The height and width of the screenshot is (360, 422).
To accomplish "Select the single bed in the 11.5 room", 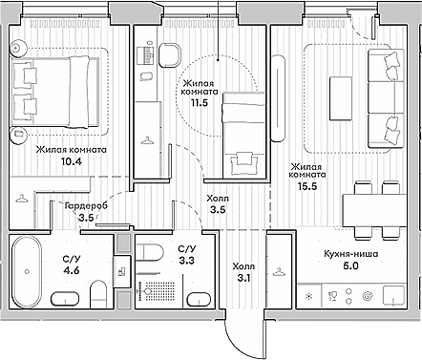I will tap(244, 133).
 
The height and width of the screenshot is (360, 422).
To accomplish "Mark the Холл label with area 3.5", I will tap(218, 200).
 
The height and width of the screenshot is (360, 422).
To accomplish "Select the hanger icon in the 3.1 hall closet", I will tap(277, 271).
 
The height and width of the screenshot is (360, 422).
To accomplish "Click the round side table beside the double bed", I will tap(18, 48).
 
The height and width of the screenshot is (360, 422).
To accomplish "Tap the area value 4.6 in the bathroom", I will tap(71, 269).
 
